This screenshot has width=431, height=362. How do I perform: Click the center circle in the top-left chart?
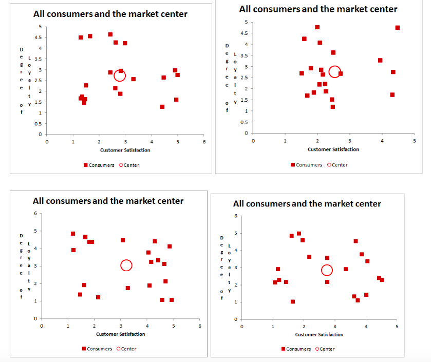[119, 75]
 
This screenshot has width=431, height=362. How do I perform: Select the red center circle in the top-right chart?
[334, 71]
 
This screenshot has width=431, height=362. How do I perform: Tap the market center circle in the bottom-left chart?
[126, 265]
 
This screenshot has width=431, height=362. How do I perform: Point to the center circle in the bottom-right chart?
[327, 270]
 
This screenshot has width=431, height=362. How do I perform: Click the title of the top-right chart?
[318, 9]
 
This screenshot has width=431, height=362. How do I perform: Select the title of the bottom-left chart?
[108, 201]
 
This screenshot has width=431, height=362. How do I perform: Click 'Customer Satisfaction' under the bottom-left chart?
[120, 334]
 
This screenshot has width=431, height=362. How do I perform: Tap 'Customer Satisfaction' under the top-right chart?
[333, 149]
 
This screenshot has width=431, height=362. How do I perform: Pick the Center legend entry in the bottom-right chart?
[324, 349]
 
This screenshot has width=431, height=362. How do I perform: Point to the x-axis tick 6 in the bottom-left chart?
[200, 326]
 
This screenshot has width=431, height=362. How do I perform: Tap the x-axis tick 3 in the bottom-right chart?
[334, 326]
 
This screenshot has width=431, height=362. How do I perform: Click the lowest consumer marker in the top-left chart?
[162, 107]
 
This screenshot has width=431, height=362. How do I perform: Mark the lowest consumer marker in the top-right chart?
[333, 107]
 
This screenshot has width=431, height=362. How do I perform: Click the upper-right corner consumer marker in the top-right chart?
[397, 28]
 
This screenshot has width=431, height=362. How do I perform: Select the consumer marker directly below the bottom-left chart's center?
[128, 288]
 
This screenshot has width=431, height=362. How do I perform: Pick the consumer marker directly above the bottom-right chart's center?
[327, 258]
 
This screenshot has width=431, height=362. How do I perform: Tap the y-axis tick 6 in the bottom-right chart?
[235, 216]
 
